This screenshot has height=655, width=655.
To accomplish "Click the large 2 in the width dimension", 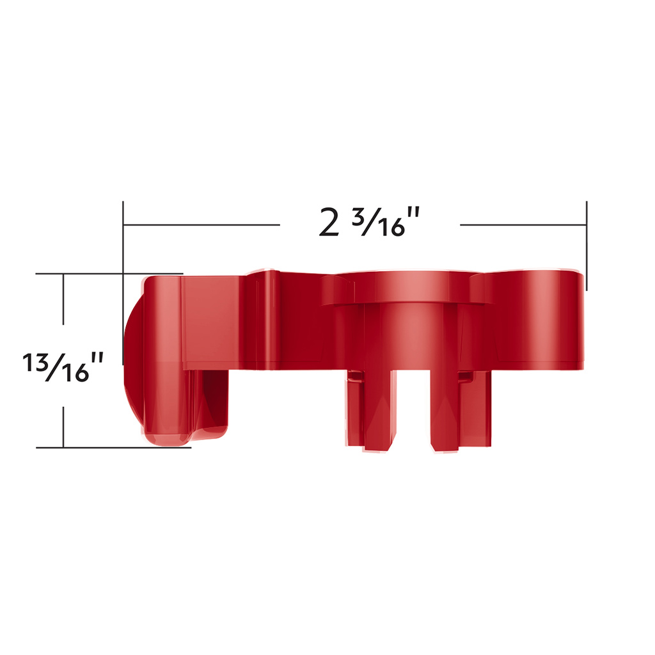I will [329, 223].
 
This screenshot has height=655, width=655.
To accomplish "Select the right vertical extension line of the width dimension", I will [586, 246].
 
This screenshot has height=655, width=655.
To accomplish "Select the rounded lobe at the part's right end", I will [544, 320].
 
